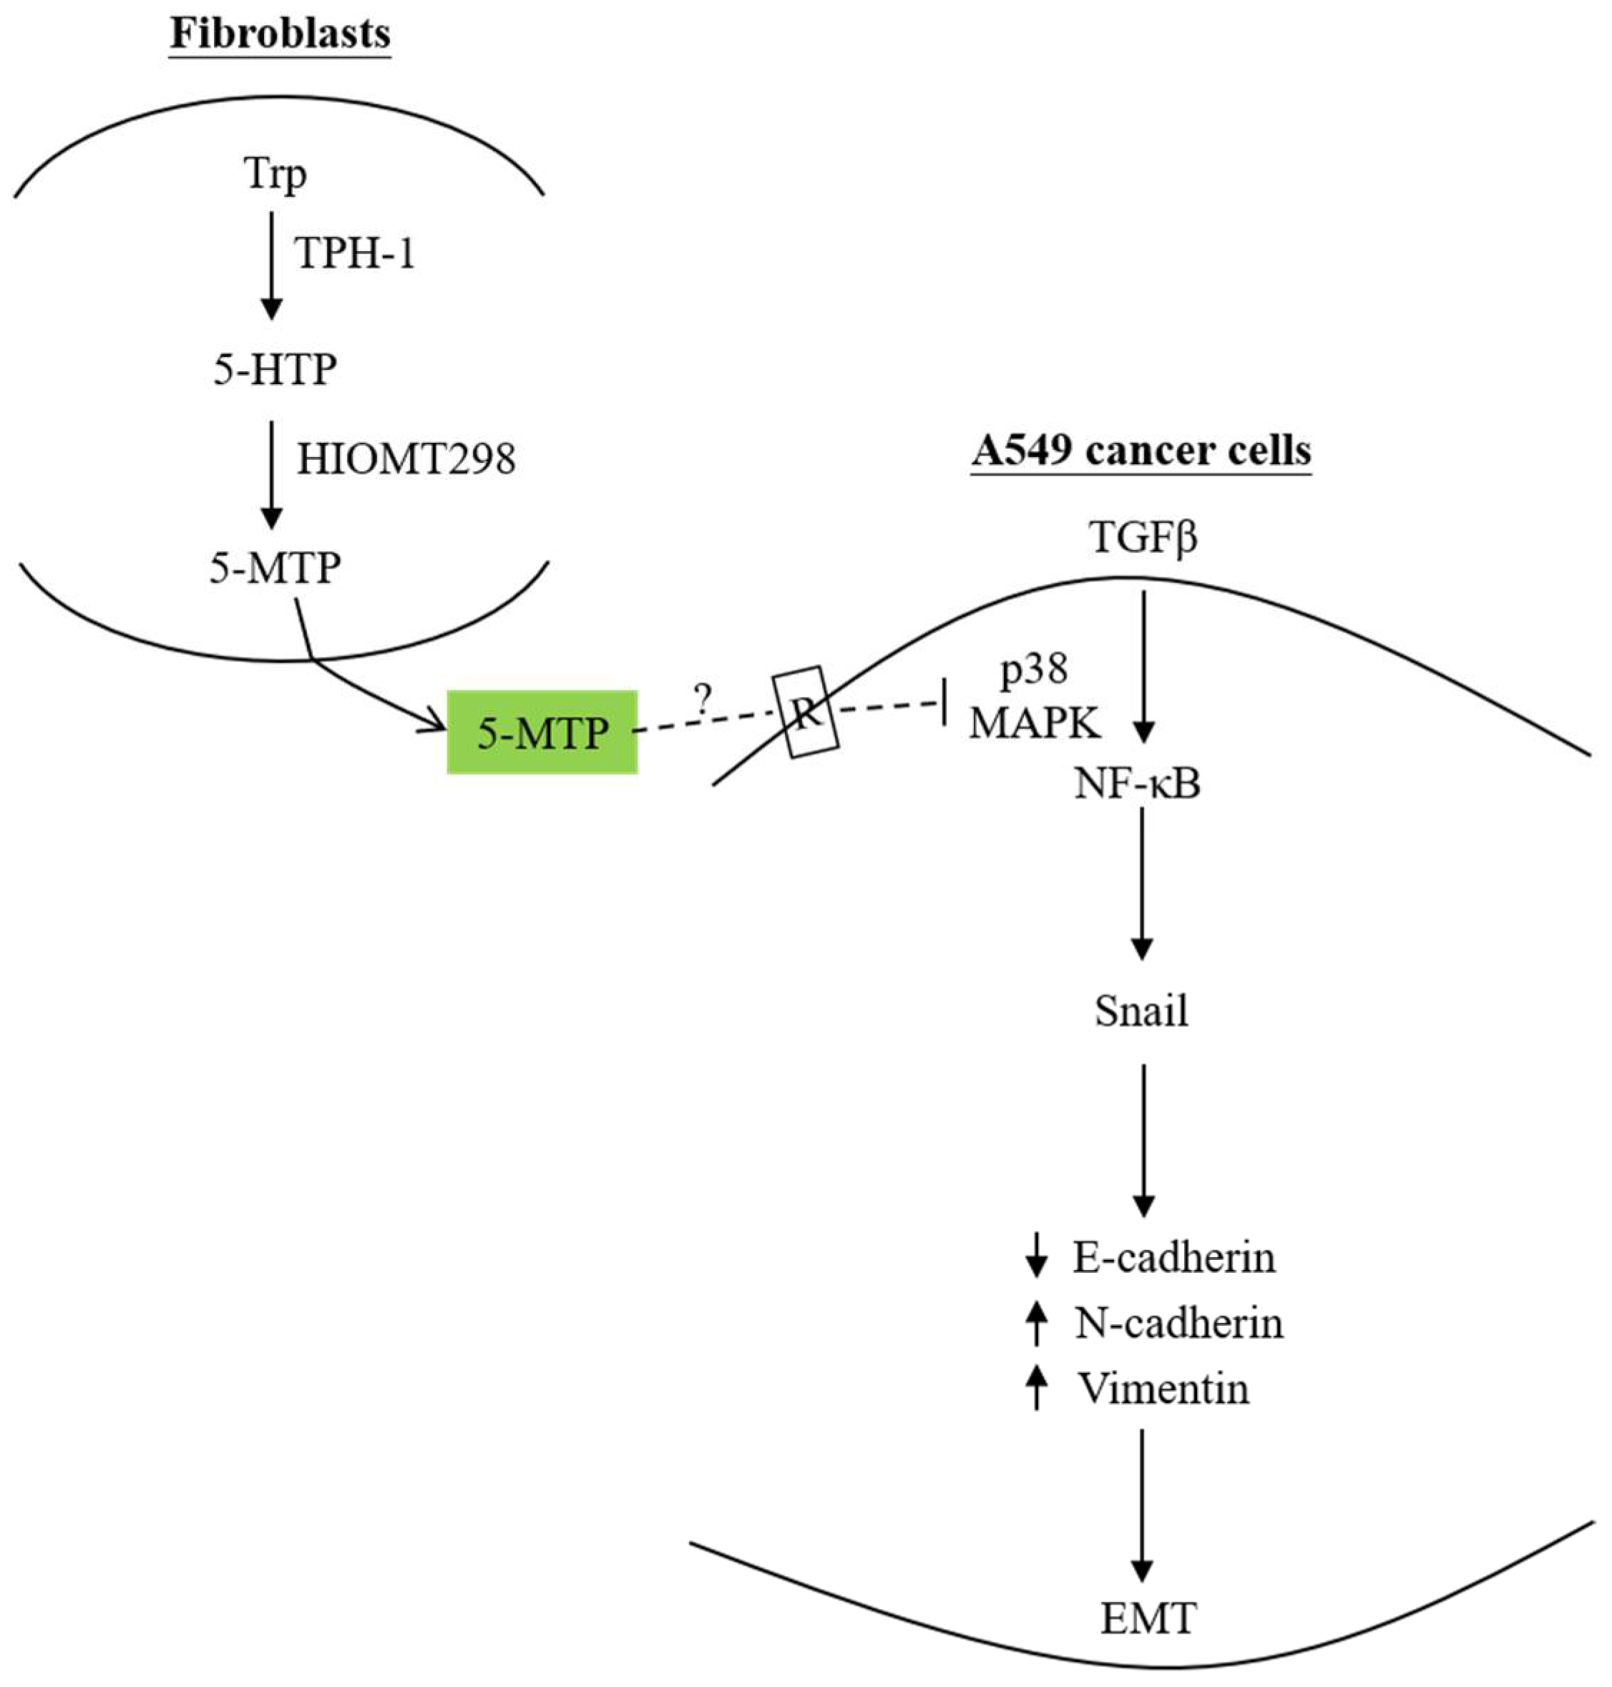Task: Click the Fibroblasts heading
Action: (x=280, y=34)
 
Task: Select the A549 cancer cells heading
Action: (x=1141, y=450)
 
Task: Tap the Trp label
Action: (x=275, y=175)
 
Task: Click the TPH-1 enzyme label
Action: (x=355, y=253)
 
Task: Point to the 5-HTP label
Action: (x=275, y=370)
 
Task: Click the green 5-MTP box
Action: (x=542, y=732)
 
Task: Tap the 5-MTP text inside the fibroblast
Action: (x=275, y=567)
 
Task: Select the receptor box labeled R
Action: (x=805, y=713)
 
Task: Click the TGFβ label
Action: (x=1143, y=538)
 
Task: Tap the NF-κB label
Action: (x=1137, y=784)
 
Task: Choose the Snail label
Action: (x=1141, y=1011)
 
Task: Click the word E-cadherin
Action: (x=1174, y=1257)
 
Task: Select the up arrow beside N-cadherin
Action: (x=1037, y=1323)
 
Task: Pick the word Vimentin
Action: (x=1163, y=1388)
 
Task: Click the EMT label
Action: (x=1148, y=1619)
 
